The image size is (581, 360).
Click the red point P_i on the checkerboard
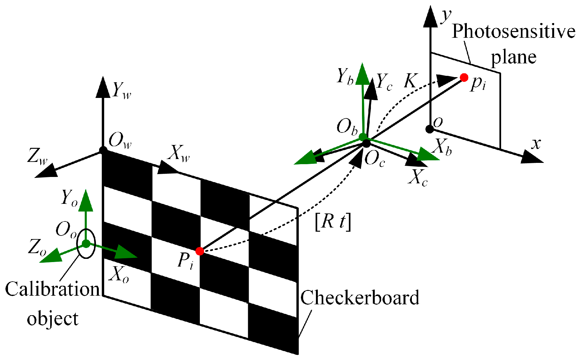tap(200, 251)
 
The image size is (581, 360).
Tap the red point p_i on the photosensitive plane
tap(464, 77)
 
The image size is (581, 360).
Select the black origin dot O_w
tap(103, 150)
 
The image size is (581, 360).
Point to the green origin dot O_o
tap(86, 244)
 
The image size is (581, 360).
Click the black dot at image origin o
tap(429, 129)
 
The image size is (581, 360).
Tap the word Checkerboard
tap(359, 298)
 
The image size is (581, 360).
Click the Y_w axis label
tap(122, 90)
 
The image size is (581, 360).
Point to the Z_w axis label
tap(37, 156)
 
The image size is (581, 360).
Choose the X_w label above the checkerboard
tap(179, 154)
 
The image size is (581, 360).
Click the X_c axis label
tap(418, 177)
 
